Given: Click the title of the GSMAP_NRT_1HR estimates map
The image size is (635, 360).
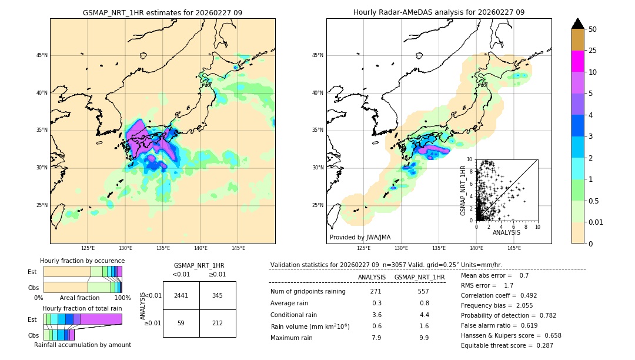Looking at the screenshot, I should pyautogui.click(x=162, y=12).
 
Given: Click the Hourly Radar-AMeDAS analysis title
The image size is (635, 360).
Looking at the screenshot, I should pyautogui.click(x=439, y=12).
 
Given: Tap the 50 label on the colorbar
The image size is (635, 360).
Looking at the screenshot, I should pyautogui.click(x=593, y=29).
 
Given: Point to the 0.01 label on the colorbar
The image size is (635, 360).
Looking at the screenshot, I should pyautogui.click(x=596, y=222).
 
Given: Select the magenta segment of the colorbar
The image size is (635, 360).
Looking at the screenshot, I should pyautogui.click(x=577, y=61).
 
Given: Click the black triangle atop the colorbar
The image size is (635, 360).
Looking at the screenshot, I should pyautogui.click(x=577, y=24).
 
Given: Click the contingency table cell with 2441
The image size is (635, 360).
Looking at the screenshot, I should pyautogui.click(x=181, y=295).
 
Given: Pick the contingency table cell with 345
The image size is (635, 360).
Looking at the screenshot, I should pyautogui.click(x=218, y=295).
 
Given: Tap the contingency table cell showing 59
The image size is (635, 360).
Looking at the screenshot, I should pyautogui.click(x=181, y=322).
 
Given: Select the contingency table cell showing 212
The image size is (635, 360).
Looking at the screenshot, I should pyautogui.click(x=218, y=322).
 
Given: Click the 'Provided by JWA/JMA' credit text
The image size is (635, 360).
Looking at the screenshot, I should pyautogui.click(x=360, y=237).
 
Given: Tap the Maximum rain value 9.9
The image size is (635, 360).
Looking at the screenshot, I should pyautogui.click(x=424, y=338).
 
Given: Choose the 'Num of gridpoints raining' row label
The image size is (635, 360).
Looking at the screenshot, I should pyautogui.click(x=308, y=292).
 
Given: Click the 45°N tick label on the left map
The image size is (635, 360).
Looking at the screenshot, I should pyautogui.click(x=41, y=55).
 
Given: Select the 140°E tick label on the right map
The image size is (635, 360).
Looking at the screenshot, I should pyautogui.click(x=476, y=248).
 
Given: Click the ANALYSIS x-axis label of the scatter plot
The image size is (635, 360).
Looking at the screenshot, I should pyautogui.click(x=506, y=232).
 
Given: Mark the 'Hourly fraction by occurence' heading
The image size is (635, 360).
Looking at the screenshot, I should pyautogui.click(x=82, y=261).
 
